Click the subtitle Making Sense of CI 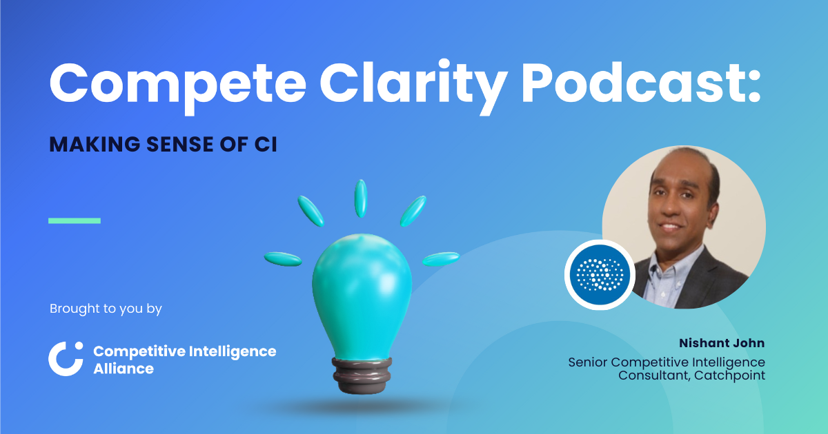click(x=163, y=145)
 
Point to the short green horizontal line click(x=75, y=220)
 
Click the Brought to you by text click(x=106, y=309)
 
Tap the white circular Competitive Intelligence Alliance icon click(x=66, y=359)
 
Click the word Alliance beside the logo click(x=124, y=369)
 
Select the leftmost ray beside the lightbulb click(x=283, y=259)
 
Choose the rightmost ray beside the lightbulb click(x=441, y=259)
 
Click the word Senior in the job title click(x=588, y=362)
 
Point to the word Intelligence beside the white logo click(x=233, y=351)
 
